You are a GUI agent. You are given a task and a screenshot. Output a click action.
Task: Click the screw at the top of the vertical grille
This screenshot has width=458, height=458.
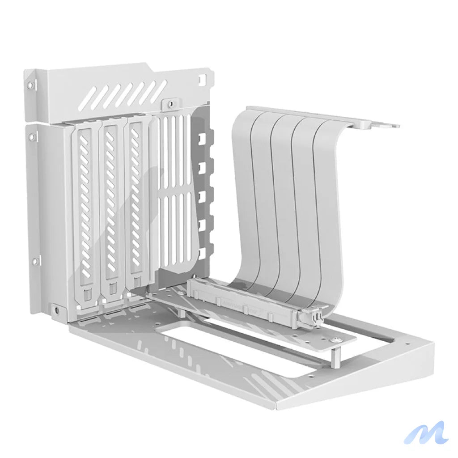(x=170, y=104)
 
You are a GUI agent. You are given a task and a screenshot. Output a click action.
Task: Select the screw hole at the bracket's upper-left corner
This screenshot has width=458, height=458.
(x=30, y=85)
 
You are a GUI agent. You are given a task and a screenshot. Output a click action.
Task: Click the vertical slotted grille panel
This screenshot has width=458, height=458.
(x=177, y=188)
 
